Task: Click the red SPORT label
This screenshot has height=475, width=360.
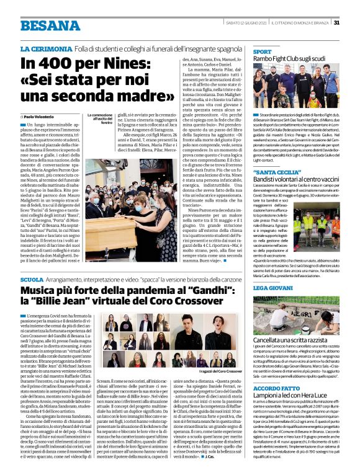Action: tap(262, 51)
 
